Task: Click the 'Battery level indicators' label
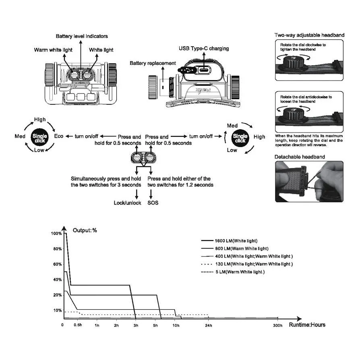(82, 36)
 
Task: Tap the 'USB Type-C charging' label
(204, 48)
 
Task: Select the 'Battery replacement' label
(153, 63)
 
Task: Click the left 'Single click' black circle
(39, 137)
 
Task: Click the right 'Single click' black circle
(240, 137)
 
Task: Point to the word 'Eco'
(59, 137)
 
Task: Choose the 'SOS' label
(153, 203)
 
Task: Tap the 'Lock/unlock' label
(127, 203)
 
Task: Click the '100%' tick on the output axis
(56, 234)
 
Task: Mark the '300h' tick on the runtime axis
(278, 325)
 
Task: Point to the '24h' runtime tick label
(208, 325)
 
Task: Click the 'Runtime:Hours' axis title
(307, 325)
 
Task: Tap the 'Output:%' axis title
(85, 230)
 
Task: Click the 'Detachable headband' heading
(300, 157)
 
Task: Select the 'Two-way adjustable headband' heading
(309, 35)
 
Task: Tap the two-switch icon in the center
(143, 157)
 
